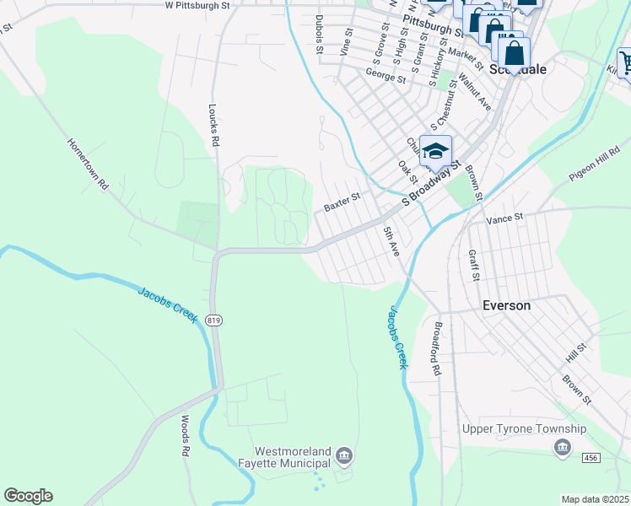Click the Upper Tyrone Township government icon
[563, 447]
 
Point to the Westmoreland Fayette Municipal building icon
[343, 457]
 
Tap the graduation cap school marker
[435, 152]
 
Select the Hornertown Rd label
[89, 164]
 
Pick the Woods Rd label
[185, 435]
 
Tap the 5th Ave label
[390, 241]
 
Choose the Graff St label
[475, 264]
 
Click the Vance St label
[504, 218]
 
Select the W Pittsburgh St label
[197, 5]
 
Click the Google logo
[28, 496]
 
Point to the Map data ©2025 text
[595, 499]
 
